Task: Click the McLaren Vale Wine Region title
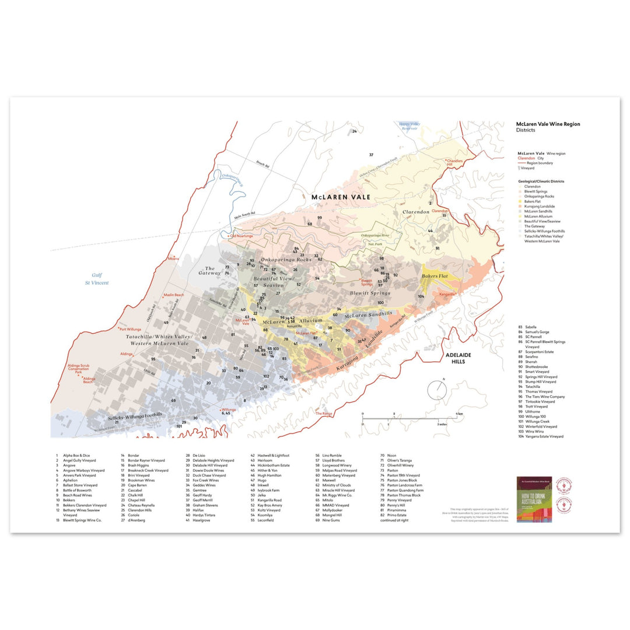pyautogui.click(x=548, y=124)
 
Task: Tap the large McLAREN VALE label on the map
pyautogui.click(x=341, y=198)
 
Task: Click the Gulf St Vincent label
pyautogui.click(x=100, y=279)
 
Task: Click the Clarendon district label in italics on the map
pyautogui.click(x=415, y=212)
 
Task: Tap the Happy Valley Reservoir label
pyautogui.click(x=409, y=126)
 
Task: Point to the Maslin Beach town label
pyautogui.click(x=173, y=295)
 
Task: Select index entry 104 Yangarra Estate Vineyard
pyautogui.click(x=540, y=436)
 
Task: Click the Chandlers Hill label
pyautogui.click(x=454, y=163)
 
